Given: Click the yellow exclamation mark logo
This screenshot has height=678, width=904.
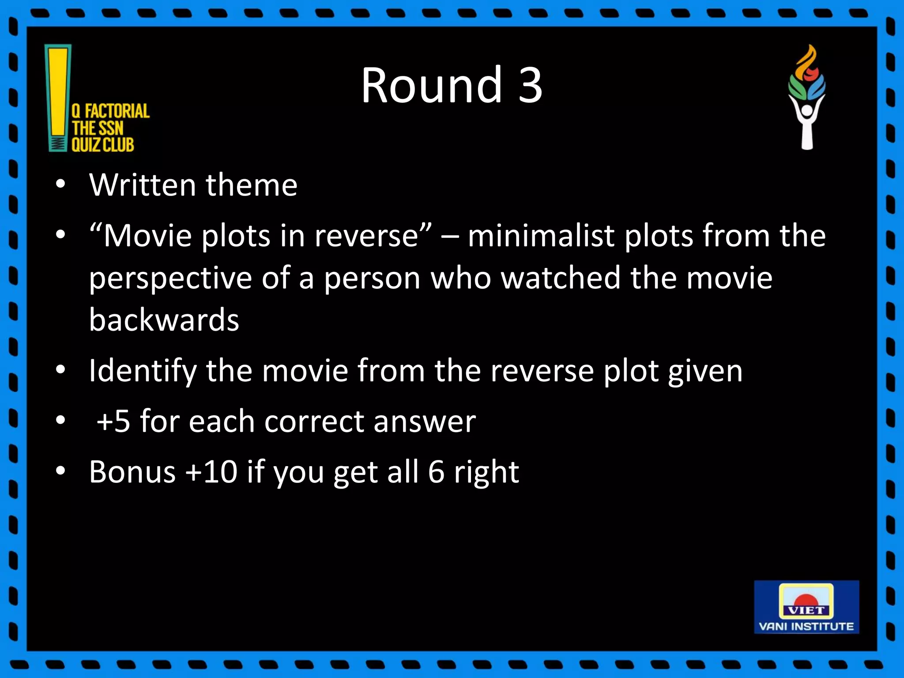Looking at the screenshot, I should (58, 97).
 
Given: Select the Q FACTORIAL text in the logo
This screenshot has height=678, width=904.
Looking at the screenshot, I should (110, 111).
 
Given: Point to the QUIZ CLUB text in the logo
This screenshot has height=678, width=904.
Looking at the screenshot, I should (102, 145).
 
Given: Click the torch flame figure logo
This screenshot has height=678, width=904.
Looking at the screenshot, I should (807, 97).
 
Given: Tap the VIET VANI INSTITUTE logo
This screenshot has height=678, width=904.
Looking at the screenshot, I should (806, 607).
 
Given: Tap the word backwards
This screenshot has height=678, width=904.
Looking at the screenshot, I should (164, 320).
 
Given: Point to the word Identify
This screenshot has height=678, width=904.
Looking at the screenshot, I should (143, 371).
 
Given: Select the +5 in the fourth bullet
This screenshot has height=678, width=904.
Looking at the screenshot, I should (113, 421).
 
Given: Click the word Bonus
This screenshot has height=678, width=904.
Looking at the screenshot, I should (132, 472).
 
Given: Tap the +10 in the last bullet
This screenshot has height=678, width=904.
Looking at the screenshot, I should (211, 472).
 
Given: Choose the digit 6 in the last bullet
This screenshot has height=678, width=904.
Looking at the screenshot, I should (436, 472).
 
